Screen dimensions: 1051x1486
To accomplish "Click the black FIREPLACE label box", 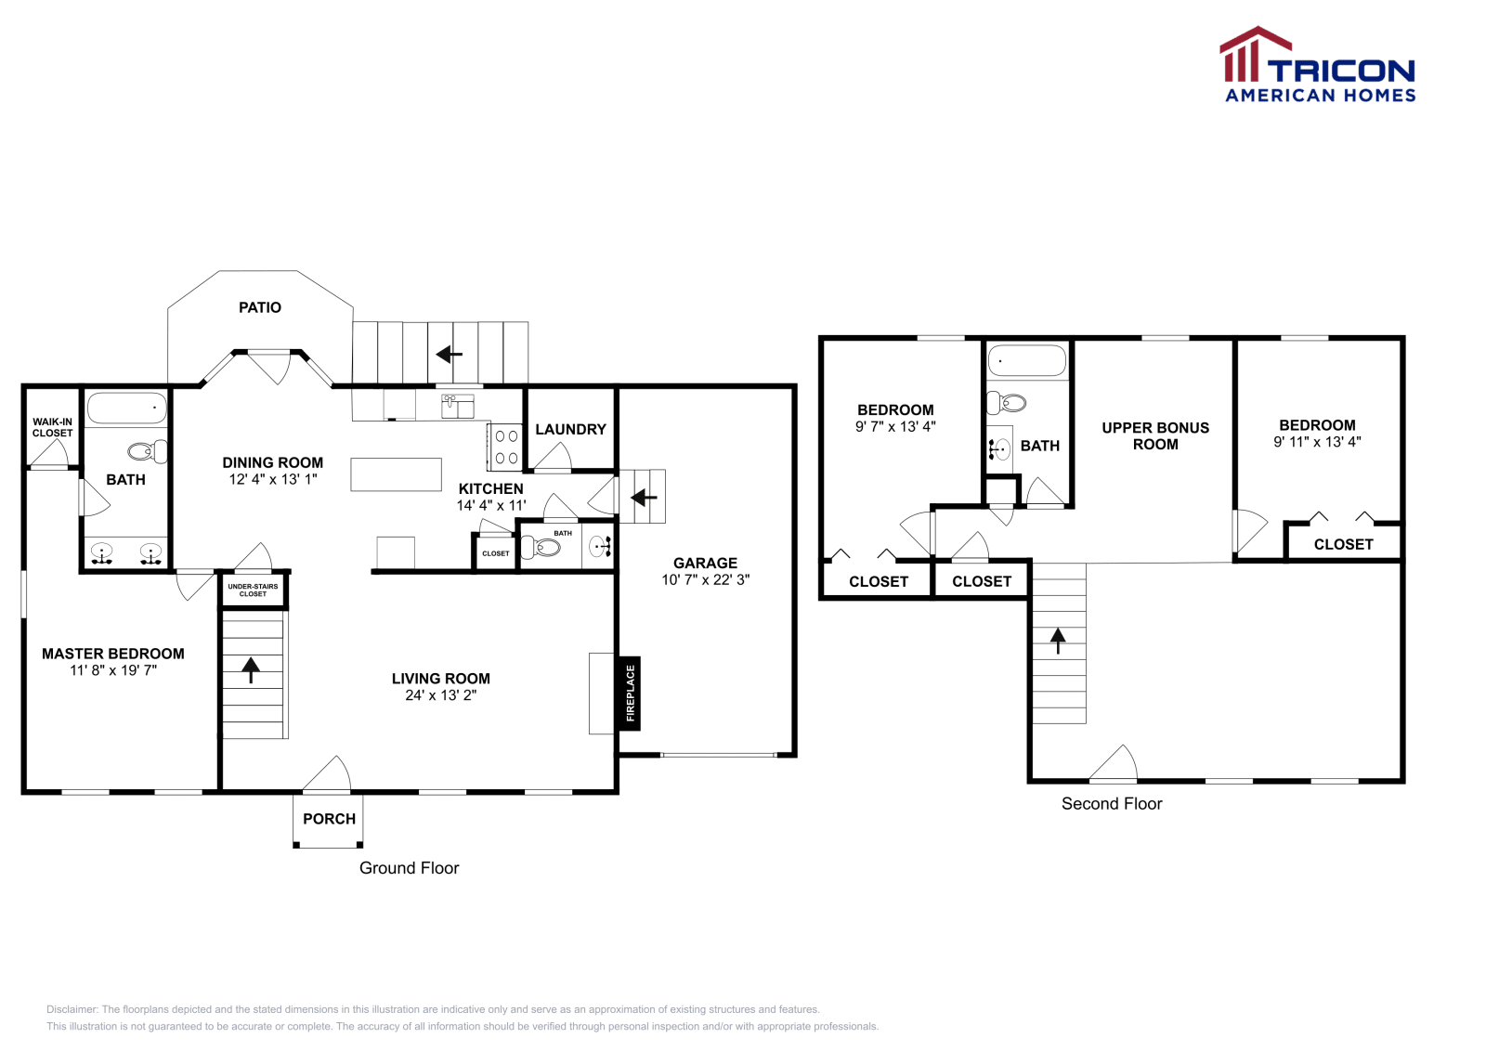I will pos(630,694).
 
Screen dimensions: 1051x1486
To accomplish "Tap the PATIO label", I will pos(260,307).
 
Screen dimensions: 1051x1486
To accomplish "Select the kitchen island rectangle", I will pos(396,474).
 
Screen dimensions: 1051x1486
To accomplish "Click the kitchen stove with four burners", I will pos(506,447).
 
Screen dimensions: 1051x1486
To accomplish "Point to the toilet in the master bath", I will pos(147,452).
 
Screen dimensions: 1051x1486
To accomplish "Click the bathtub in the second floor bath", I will pos(1026,360).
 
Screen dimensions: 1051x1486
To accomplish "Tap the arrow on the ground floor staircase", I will pos(251,669).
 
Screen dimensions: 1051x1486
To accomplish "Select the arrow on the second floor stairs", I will pos(1058,640).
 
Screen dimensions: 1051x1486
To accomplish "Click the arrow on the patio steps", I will pos(450,354).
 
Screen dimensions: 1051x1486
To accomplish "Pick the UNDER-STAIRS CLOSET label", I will pos(253,590).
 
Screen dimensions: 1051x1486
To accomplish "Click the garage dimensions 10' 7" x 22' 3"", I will pos(705,579).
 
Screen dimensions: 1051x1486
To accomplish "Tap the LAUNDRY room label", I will pos(570,429).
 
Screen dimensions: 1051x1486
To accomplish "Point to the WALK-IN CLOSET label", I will pos(52,427).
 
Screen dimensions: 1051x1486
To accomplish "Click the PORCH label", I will pos(329,819).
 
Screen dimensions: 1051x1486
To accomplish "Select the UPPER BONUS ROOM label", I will pos(1155,435).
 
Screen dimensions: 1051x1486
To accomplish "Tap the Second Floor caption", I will pos(1112,804).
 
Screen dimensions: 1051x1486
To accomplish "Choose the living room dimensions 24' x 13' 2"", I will pos(440,695).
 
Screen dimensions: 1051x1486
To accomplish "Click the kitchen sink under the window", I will pos(458,406).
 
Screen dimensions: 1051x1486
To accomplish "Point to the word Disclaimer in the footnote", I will pos(72,1009).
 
